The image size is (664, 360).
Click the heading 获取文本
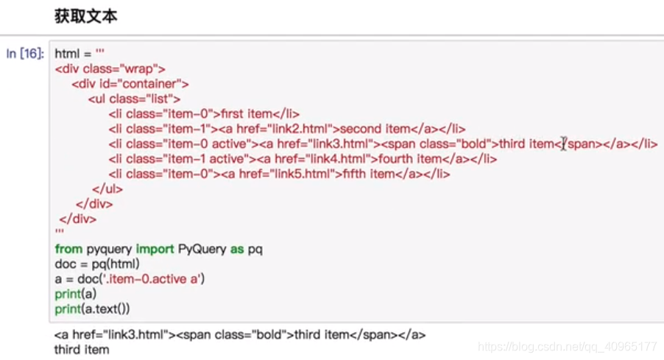[85, 16]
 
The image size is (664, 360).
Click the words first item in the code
[249, 113]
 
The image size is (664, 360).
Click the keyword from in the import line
[68, 249]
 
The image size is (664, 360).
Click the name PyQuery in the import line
[202, 249]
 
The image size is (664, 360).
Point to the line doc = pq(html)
[97, 264]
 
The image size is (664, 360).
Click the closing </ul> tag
[107, 188]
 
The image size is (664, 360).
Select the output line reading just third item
[82, 349]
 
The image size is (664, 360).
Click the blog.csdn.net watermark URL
[567, 346]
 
